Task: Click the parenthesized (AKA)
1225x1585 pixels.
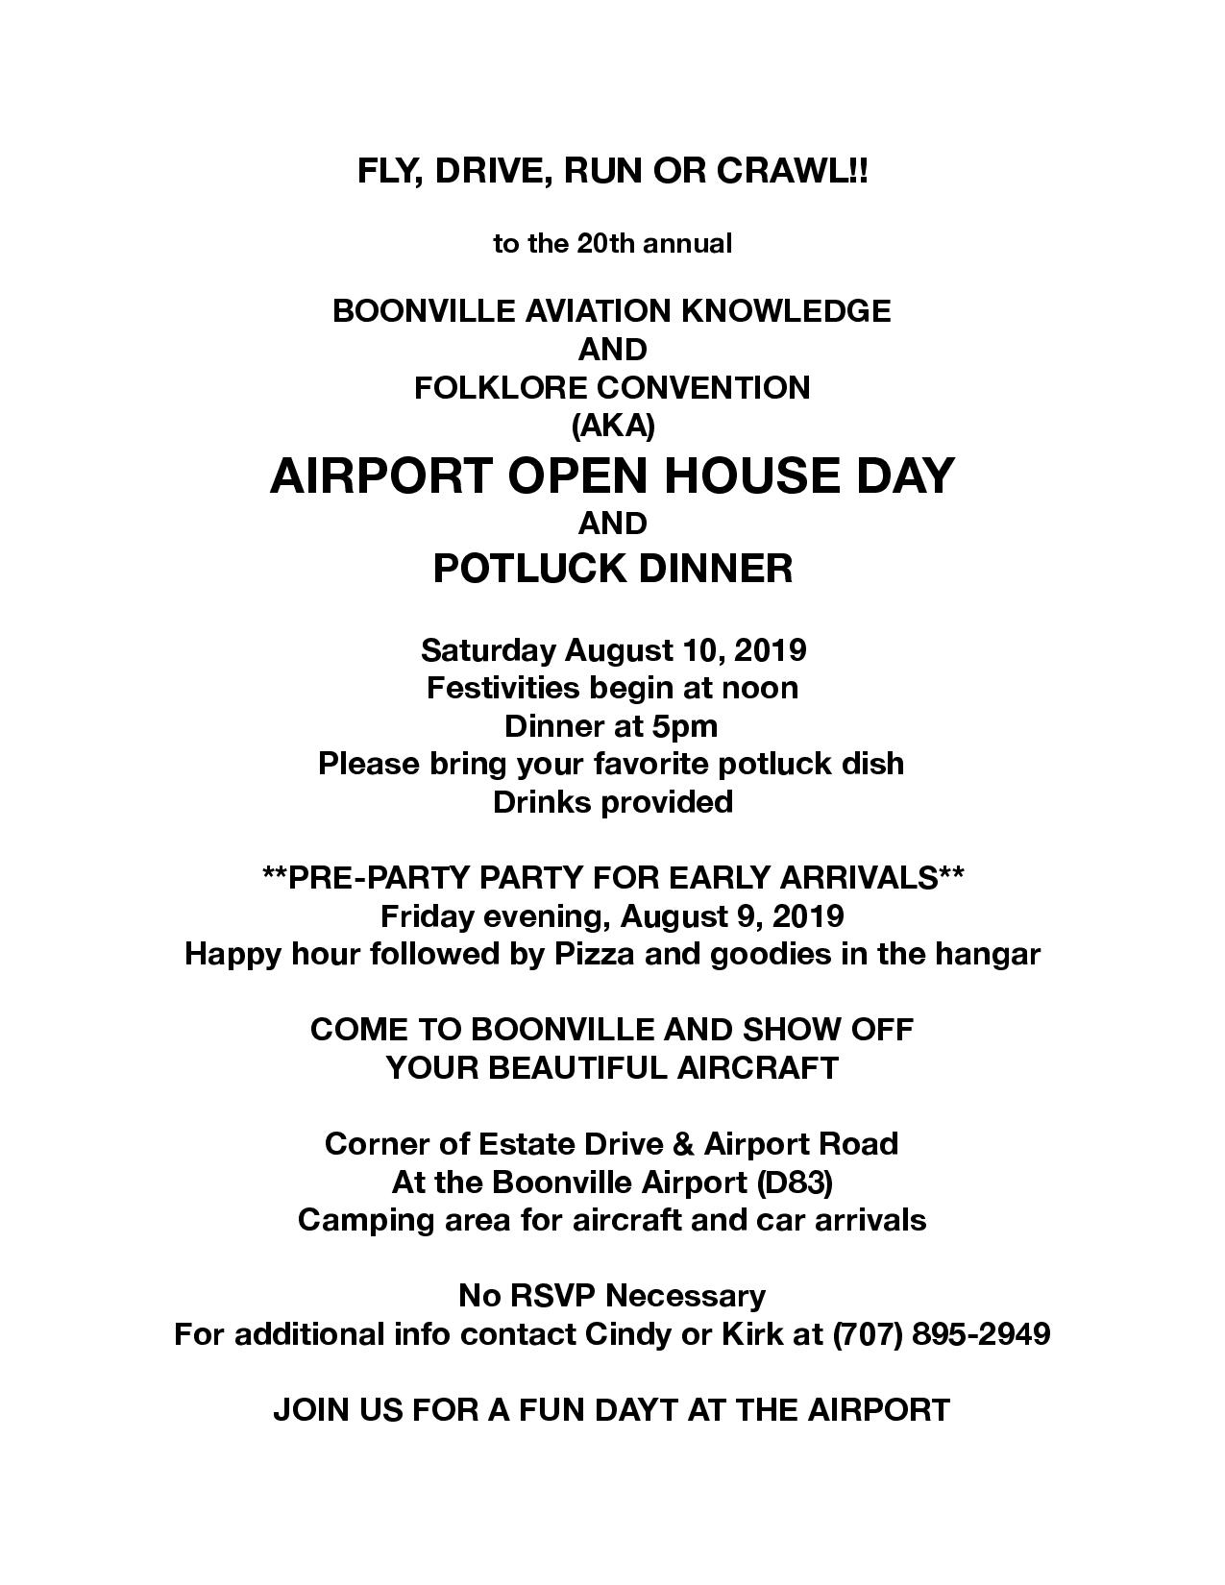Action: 612,425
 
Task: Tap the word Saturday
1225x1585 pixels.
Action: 487,650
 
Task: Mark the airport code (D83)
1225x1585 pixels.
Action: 794,1183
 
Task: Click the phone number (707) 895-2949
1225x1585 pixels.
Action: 941,1334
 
